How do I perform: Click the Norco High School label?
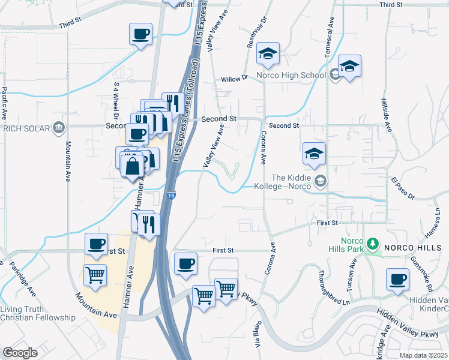pos(291,76)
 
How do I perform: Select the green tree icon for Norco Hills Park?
pos(373,244)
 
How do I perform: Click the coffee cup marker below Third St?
pos(141,34)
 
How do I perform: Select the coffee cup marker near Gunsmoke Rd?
pos(397,280)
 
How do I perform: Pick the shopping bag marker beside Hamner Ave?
pos(133,166)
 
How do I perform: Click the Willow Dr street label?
pos(234,79)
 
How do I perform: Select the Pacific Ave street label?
pos(5,101)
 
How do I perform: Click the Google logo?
pos(20,353)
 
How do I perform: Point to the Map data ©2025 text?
pos(423,355)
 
